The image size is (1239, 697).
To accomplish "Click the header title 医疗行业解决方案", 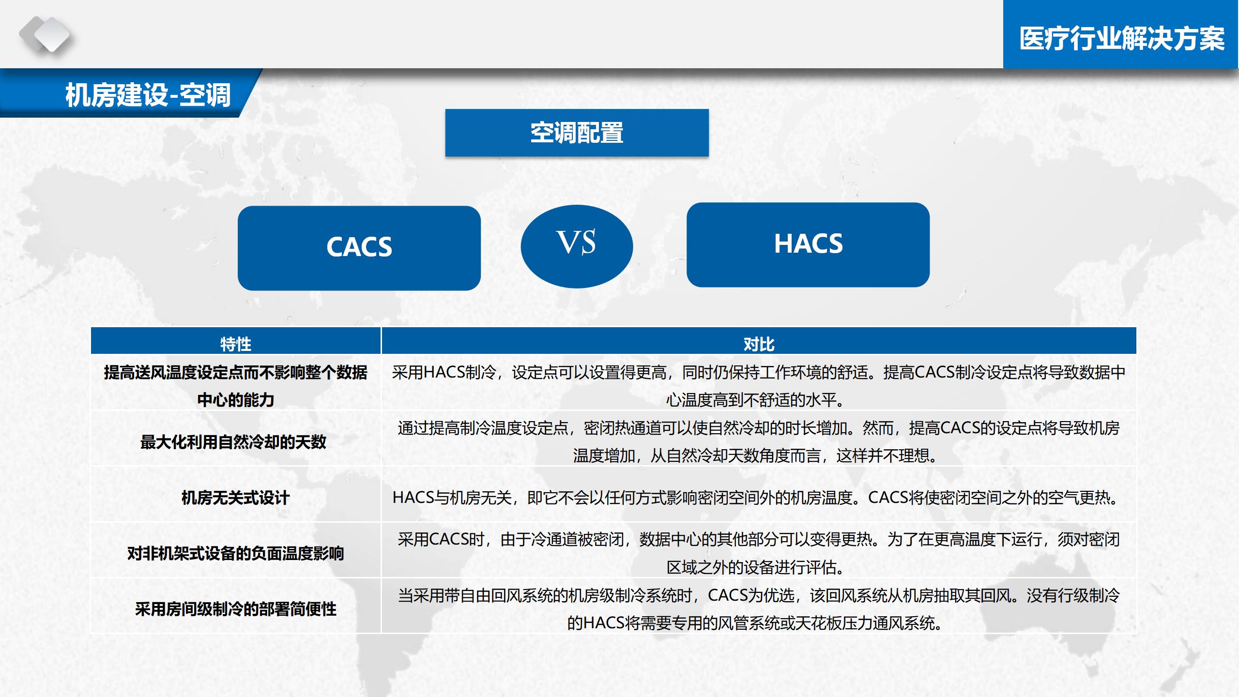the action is tap(1122, 38).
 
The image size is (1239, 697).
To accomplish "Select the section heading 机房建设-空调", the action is tap(148, 94).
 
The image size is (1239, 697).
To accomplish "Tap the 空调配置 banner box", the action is tap(577, 133).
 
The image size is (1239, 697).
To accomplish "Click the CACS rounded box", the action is tap(359, 248).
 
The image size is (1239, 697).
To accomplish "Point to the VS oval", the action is tap(577, 246).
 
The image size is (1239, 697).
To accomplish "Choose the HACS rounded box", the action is tap(808, 244).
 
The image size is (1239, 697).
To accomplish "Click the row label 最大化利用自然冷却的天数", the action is tap(233, 442).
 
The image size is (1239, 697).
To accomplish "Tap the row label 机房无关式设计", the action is tap(235, 498).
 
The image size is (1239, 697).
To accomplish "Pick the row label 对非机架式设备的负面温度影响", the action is tap(235, 553).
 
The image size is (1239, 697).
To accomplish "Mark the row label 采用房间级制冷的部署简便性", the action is tap(235, 609).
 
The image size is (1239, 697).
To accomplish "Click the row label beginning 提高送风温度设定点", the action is tap(235, 386).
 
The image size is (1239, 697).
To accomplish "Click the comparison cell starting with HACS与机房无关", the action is tap(758, 498).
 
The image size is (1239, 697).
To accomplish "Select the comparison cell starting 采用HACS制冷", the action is tap(758, 386).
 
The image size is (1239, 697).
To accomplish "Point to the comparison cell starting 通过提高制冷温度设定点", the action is tap(758, 441).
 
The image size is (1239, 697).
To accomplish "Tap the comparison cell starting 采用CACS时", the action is tap(758, 553).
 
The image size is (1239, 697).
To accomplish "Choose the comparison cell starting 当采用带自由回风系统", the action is tap(758, 608).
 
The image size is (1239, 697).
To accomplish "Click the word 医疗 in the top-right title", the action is tap(1044, 38).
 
